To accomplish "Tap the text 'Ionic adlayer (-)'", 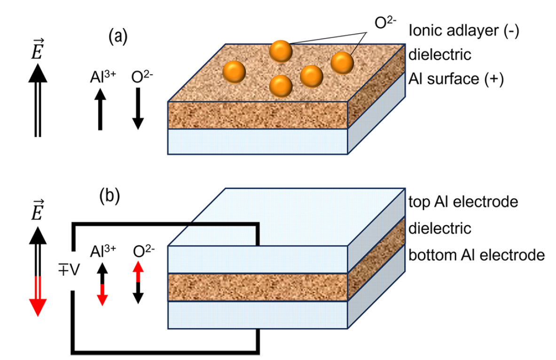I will point(463,31).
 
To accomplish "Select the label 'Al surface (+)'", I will point(456,78).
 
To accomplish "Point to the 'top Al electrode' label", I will point(463,202).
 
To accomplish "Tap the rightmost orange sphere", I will point(342,63).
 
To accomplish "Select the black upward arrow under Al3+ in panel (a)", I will point(100,108).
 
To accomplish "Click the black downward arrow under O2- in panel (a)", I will point(137,108).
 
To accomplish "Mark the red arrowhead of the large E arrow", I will point(36,308).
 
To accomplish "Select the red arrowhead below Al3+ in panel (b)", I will point(102,299).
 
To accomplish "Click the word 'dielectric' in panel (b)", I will point(439,229).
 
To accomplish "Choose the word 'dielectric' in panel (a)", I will point(439,55).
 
